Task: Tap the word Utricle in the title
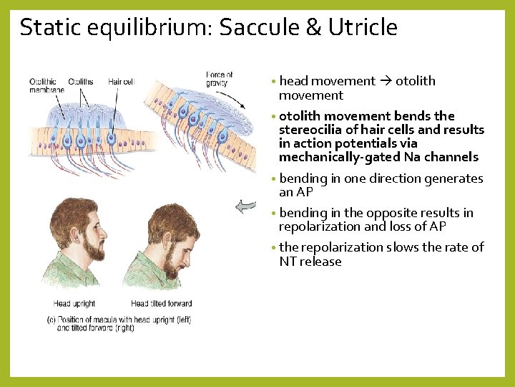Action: (x=363, y=27)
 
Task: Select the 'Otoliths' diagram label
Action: (x=81, y=82)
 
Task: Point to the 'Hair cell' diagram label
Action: (x=121, y=82)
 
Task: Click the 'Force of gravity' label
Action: (x=219, y=79)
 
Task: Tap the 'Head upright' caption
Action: (x=74, y=304)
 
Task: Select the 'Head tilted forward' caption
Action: (x=161, y=304)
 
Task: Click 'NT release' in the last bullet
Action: (x=310, y=262)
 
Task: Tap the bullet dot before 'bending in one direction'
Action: (x=275, y=179)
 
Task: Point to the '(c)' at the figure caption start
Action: (x=51, y=320)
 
